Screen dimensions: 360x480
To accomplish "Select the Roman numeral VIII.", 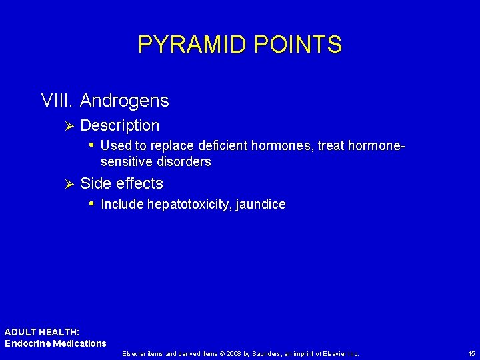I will pos(57,101).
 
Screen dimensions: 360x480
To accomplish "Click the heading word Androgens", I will pos(124,101).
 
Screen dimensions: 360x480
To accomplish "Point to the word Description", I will pos(119,125).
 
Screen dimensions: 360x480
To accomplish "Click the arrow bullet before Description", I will pos(65,125).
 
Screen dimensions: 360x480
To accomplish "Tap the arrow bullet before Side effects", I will pos(65,184).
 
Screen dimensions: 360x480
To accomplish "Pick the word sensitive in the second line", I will pos(127,162).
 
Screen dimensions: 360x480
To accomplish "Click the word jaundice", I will pos(261,205).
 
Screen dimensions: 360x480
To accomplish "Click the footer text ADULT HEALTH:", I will pos(42,332).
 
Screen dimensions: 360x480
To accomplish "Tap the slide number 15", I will pos(471,353).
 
